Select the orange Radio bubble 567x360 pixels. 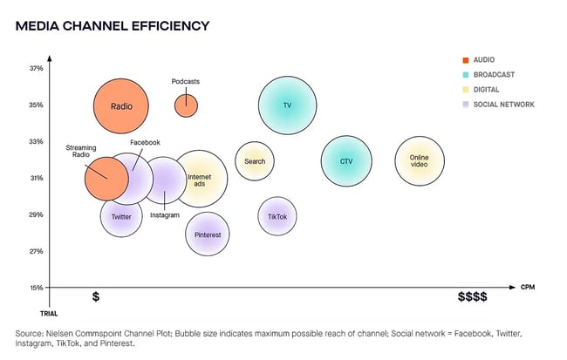coord(121,106)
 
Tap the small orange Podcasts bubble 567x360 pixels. coord(186,105)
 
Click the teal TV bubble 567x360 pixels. coord(287,105)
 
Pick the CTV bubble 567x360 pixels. coord(346,161)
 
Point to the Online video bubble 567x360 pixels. coord(420,161)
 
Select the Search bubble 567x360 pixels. coord(255,161)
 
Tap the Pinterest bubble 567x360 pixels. coord(208,234)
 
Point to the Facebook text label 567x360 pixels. coord(145,142)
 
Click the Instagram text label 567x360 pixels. coord(165,215)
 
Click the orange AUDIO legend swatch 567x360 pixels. coord(466,59)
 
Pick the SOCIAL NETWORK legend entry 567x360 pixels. coord(504,105)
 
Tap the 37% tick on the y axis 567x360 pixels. coord(37,69)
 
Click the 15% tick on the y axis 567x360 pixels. coord(37,288)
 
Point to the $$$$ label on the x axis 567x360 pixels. coord(472,297)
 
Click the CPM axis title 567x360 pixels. coord(528,287)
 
